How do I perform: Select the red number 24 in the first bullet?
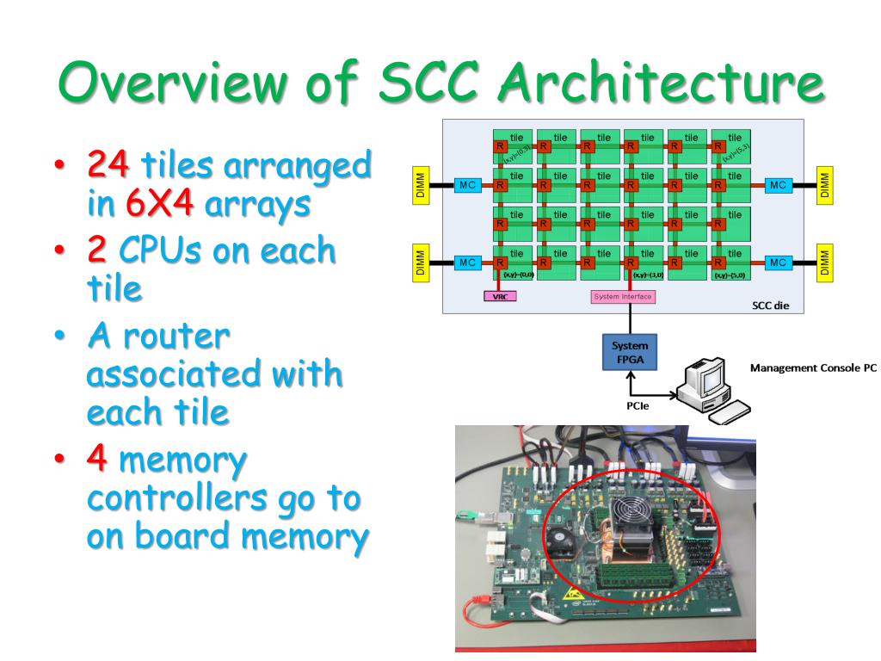click(x=108, y=164)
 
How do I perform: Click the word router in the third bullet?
click(x=177, y=335)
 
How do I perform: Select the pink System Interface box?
click(x=623, y=297)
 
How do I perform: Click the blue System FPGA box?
click(x=630, y=351)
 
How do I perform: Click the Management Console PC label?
click(x=813, y=368)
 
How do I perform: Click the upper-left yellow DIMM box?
click(x=420, y=186)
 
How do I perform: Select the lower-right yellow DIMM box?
click(x=824, y=263)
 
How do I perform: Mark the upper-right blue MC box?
click(x=778, y=186)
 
